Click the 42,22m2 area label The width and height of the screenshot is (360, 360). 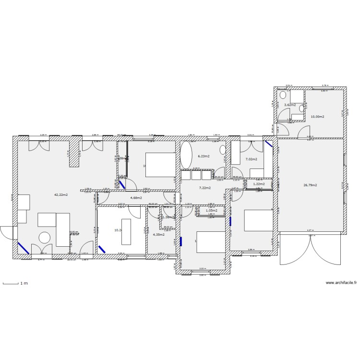pyautogui.click(x=61, y=195)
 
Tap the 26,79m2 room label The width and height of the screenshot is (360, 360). pyautogui.click(x=310, y=185)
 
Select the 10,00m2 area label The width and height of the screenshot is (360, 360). pyautogui.click(x=317, y=117)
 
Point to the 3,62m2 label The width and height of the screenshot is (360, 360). pyautogui.click(x=290, y=105)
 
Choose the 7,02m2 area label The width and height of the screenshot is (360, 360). pyautogui.click(x=252, y=159)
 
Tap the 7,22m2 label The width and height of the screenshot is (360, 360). pyautogui.click(x=205, y=188)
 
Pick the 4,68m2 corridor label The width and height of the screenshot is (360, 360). pyautogui.click(x=136, y=197)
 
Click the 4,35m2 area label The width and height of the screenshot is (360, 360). pyautogui.click(x=159, y=234)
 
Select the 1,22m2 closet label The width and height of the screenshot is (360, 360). pyautogui.click(x=259, y=184)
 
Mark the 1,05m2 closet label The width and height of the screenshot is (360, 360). pyautogui.click(x=212, y=210)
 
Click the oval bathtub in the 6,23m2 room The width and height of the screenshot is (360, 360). pyautogui.click(x=185, y=155)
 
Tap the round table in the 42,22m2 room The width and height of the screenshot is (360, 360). pyautogui.click(x=45, y=237)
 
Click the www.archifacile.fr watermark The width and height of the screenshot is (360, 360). pyautogui.click(x=341, y=283)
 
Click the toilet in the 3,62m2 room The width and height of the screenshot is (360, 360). pyautogui.click(x=283, y=95)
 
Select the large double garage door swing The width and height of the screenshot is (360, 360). pyautogui.click(x=311, y=249)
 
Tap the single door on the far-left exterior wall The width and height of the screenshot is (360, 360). pyautogui.click(x=7, y=232)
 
